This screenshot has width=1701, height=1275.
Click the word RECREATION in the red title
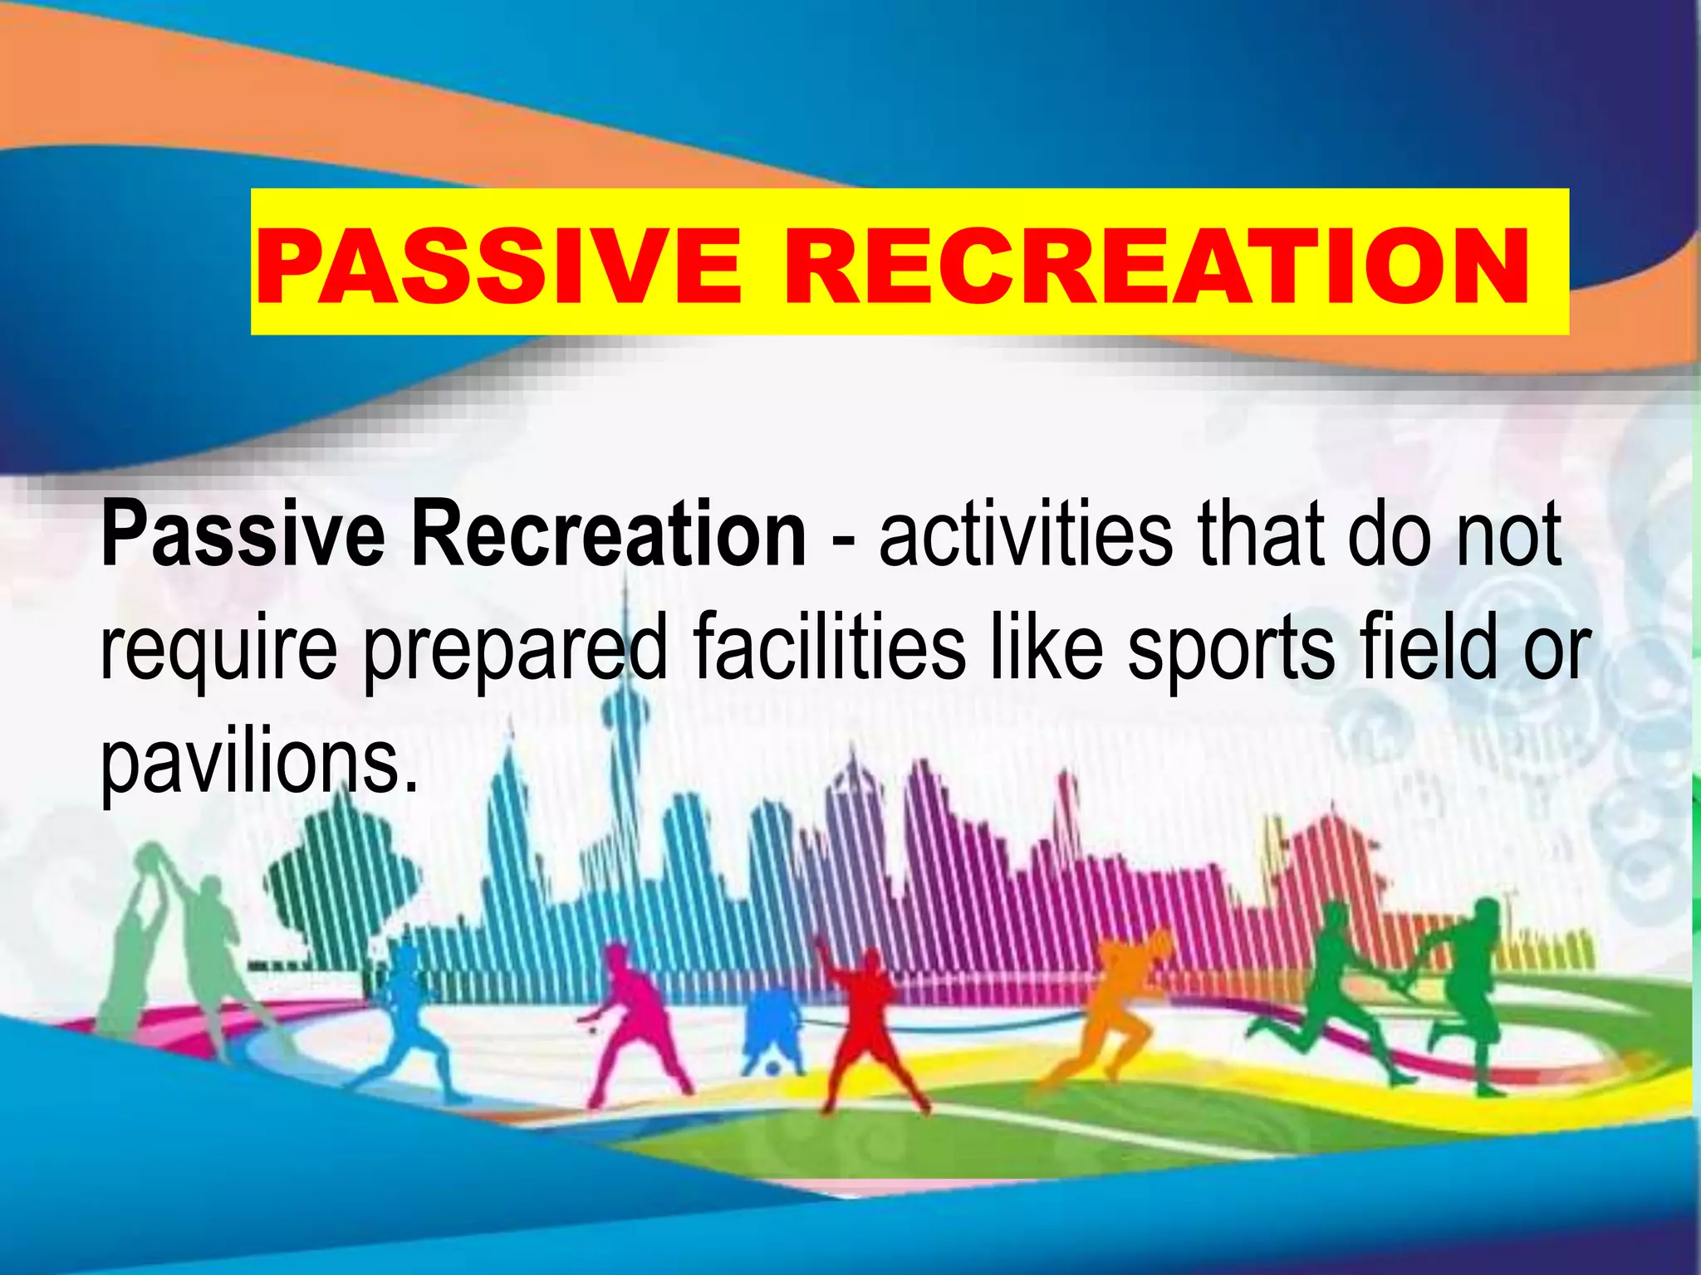[1156, 267]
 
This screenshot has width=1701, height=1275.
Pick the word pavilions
[258, 762]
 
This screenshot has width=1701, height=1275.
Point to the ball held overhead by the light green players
[151, 855]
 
